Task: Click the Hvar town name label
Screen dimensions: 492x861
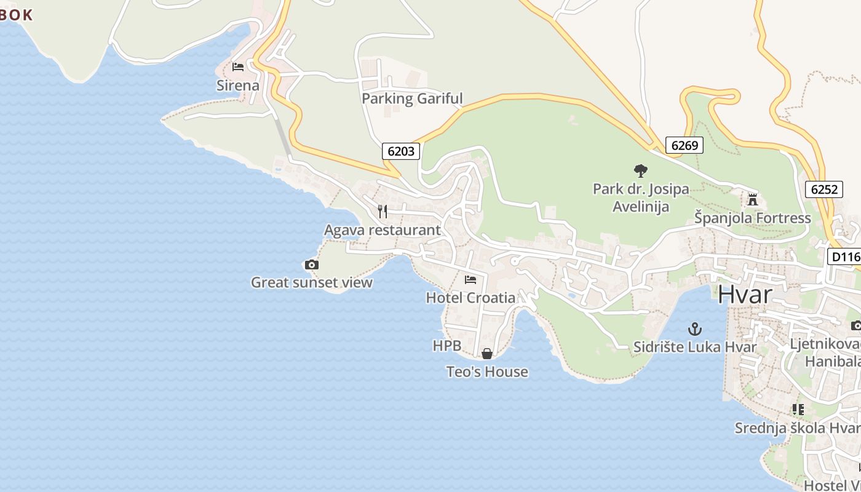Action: click(745, 295)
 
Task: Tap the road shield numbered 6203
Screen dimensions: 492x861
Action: click(401, 151)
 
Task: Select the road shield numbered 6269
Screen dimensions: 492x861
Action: click(684, 145)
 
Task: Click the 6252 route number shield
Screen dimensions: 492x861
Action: click(823, 189)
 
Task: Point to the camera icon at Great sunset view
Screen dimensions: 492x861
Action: click(312, 265)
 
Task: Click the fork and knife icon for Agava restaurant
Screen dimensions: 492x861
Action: click(383, 212)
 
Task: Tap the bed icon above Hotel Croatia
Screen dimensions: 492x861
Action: click(470, 280)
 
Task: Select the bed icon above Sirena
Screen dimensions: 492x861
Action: click(238, 67)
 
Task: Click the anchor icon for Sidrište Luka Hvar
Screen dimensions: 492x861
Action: click(694, 329)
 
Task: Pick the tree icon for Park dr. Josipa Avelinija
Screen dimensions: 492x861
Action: click(641, 171)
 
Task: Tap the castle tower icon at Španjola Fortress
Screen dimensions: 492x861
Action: click(752, 200)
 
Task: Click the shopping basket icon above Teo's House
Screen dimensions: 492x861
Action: click(486, 354)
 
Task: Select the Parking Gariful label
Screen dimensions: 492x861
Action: click(412, 98)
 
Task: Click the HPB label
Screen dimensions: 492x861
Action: click(447, 346)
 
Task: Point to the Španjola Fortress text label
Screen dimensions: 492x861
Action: click(753, 218)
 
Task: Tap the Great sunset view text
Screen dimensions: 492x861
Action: click(312, 283)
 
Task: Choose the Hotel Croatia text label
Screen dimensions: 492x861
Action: click(470, 298)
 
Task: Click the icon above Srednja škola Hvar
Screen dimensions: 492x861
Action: click(798, 410)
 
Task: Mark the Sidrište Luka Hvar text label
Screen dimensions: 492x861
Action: click(695, 347)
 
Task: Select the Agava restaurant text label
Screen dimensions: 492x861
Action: click(383, 230)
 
